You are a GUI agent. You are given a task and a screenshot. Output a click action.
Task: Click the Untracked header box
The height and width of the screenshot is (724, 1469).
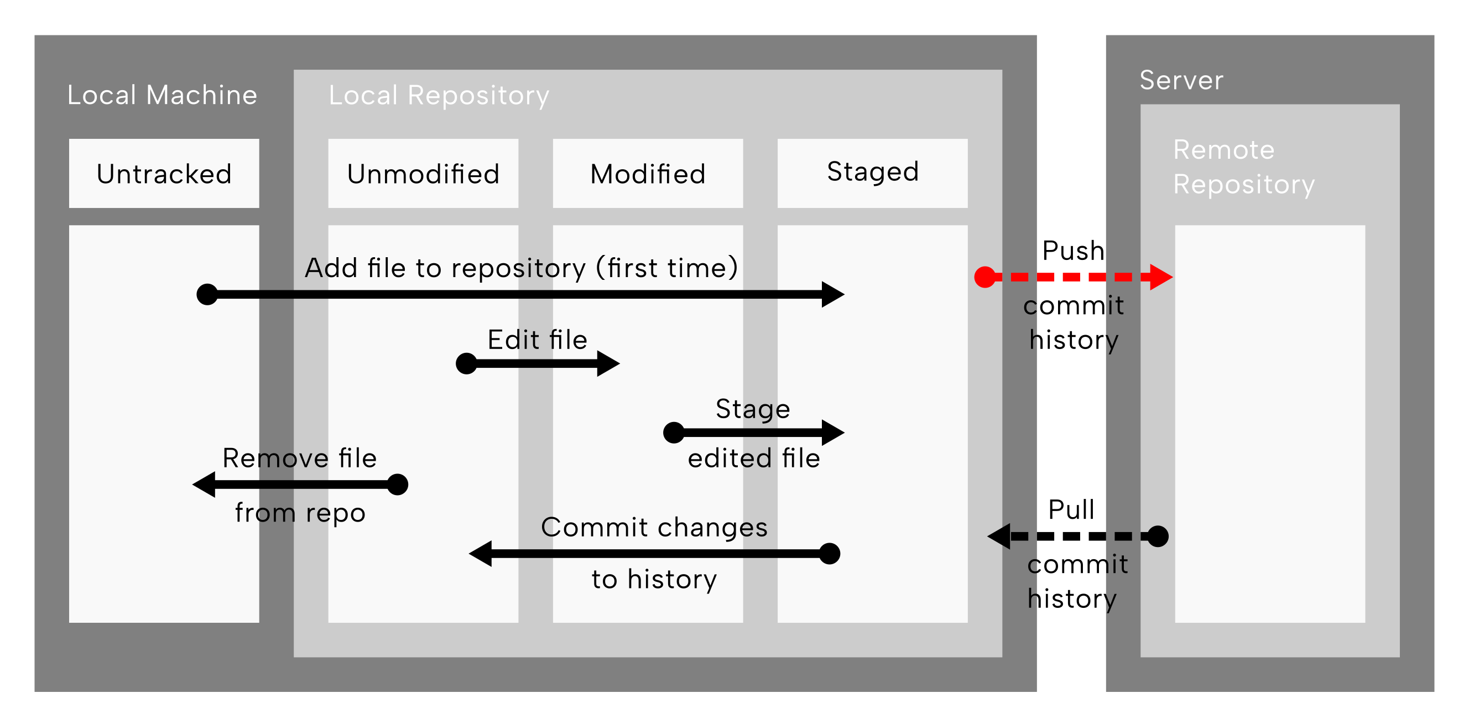point(164,173)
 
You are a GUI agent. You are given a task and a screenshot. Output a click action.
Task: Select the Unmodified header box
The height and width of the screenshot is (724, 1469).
point(423,173)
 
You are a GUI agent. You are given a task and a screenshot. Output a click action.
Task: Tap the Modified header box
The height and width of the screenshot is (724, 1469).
point(648,173)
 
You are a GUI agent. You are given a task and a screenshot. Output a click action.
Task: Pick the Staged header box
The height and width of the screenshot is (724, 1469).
point(873,173)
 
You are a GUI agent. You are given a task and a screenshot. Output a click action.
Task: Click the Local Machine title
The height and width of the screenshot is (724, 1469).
point(163,95)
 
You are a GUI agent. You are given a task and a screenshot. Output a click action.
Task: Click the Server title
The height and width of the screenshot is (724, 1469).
point(1181,80)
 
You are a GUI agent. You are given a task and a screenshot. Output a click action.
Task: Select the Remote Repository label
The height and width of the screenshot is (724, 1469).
point(1244,168)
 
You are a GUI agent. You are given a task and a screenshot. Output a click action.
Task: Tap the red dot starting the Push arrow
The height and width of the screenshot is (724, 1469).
point(985,277)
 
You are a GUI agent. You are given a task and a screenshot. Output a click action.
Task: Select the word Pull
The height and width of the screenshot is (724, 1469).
point(1071,509)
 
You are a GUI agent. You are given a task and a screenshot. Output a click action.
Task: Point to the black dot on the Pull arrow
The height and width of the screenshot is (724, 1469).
point(1158,536)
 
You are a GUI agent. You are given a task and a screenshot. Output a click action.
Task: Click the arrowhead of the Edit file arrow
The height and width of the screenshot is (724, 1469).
point(608,363)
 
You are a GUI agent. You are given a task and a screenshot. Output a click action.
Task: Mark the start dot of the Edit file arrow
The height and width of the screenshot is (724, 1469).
point(466,363)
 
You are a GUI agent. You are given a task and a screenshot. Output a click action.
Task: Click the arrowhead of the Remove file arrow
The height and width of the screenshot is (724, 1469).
point(204,485)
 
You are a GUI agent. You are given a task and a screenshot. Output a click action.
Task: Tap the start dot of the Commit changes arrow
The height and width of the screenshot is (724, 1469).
point(829,554)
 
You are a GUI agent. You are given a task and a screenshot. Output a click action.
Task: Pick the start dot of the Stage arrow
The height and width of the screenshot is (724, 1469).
point(674,432)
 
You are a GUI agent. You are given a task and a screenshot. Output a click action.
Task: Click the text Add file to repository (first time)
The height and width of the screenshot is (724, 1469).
point(522,268)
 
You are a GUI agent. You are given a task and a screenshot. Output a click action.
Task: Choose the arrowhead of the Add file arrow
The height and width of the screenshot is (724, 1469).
point(833,294)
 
